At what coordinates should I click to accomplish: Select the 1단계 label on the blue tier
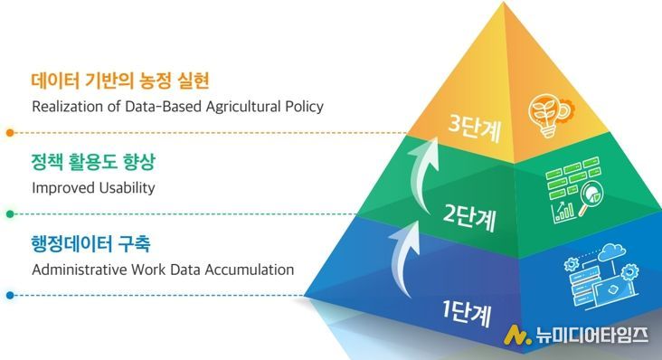tap(465, 314)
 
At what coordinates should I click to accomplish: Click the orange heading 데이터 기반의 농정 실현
tap(120, 81)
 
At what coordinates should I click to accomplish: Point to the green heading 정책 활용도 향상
tap(93, 164)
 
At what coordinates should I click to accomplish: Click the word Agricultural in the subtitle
tap(231, 107)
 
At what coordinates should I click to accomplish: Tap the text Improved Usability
tap(93, 188)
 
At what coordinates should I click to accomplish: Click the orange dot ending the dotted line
tap(10, 132)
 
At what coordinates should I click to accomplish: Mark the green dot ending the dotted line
tap(10, 214)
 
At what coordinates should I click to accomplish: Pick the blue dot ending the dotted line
tap(10, 295)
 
